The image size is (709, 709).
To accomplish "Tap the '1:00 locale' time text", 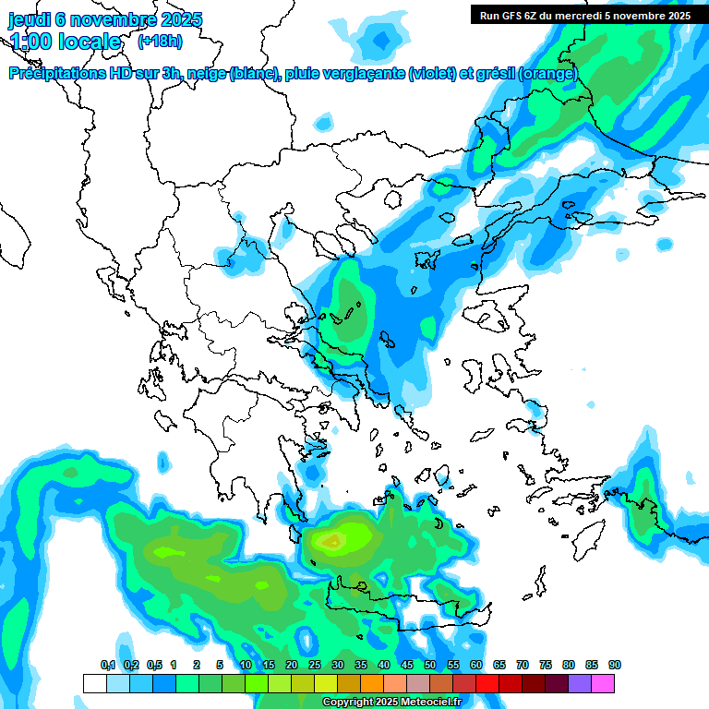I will tap(66, 42).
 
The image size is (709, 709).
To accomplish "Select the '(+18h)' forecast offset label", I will tap(160, 41).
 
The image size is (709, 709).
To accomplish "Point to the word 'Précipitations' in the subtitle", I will tap(55, 74).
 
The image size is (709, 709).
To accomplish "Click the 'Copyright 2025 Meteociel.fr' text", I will tap(391, 702).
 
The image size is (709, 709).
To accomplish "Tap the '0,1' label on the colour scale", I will tap(108, 665).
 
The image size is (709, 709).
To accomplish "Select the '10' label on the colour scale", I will tap(246, 665).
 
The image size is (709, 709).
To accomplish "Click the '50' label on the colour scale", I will tap(430, 665).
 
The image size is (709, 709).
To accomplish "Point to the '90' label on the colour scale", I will tap(615, 665).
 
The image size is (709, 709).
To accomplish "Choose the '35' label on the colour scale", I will tap(361, 665).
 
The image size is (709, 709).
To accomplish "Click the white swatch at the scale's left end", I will tap(94, 683).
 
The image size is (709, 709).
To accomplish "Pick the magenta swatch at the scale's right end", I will tap(603, 683).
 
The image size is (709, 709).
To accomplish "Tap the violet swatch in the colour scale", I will tap(580, 683).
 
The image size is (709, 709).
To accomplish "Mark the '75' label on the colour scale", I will tap(546, 665).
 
